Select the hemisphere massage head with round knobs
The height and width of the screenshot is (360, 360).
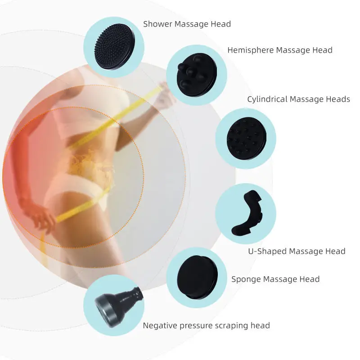click(197, 75)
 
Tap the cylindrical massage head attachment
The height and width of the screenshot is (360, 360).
click(247, 138)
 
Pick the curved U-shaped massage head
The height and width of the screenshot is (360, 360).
click(247, 213)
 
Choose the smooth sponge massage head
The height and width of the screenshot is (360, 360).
click(197, 277)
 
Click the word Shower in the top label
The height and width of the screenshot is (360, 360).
click(158, 24)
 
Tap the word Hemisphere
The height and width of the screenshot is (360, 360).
click(251, 50)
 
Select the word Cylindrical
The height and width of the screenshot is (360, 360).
click(267, 99)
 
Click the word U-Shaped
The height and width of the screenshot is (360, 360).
click(267, 251)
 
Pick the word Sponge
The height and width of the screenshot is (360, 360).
click(246, 279)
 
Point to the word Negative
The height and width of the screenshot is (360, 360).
click(160, 325)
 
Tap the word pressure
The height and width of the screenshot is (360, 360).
click(195, 326)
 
